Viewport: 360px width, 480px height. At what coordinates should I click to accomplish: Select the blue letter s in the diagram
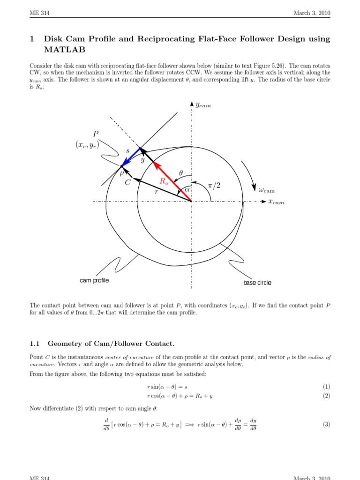[127, 150]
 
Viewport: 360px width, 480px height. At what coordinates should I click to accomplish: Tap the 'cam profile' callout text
[94, 280]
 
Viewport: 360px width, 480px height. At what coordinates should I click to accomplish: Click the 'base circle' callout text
[257, 283]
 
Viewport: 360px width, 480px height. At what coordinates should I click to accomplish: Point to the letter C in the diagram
[127, 183]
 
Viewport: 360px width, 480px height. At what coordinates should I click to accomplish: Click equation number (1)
[326, 387]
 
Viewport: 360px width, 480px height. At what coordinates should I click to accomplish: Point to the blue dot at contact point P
[122, 166]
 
